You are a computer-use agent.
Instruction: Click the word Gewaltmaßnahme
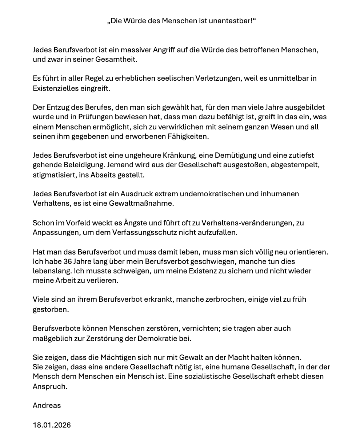click(141, 204)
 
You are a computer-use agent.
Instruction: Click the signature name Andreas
click(47, 405)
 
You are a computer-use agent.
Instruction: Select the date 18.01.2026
click(52, 425)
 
